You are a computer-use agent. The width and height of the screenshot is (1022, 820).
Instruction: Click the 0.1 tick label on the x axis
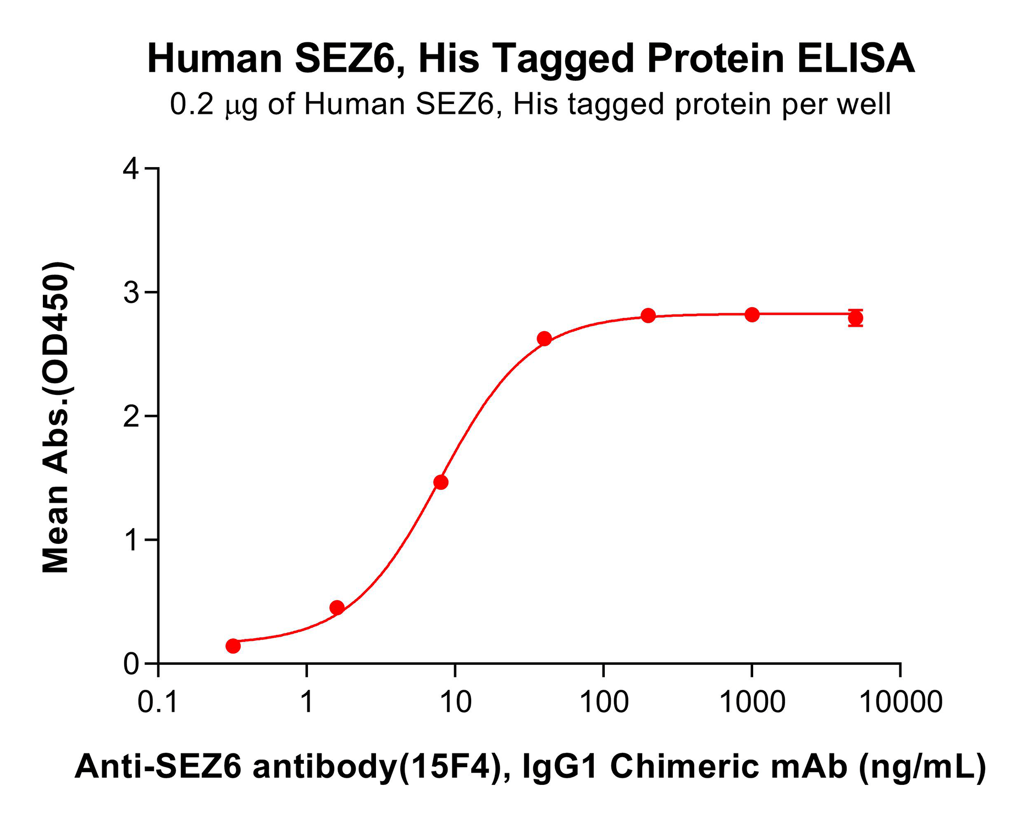(x=158, y=702)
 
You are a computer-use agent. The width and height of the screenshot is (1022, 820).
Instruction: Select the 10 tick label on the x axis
(x=455, y=702)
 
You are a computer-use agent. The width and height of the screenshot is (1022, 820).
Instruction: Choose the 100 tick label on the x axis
(x=604, y=702)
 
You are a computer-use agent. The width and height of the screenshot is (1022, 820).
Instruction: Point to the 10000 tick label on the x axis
(x=900, y=702)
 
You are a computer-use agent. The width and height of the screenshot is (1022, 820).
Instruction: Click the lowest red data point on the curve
(x=233, y=646)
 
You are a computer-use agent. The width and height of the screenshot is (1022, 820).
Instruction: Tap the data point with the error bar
(x=855, y=318)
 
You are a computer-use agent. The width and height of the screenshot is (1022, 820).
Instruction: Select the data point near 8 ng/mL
(x=441, y=482)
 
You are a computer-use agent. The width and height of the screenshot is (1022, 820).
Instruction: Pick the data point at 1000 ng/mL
(x=752, y=315)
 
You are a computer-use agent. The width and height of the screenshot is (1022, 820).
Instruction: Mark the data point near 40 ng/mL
(x=544, y=339)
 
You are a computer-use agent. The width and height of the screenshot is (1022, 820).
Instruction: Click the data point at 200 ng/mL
(x=648, y=316)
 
